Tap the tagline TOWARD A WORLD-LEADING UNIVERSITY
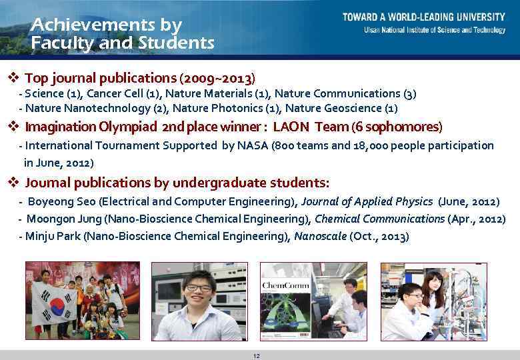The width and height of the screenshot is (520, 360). tap(424, 17)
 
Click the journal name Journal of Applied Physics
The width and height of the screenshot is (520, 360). tap(367, 201)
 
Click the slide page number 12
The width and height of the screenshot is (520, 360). tap(257, 356)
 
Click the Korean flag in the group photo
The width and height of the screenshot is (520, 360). tap(54, 304)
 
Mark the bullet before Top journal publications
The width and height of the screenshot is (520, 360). tap(11, 77)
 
